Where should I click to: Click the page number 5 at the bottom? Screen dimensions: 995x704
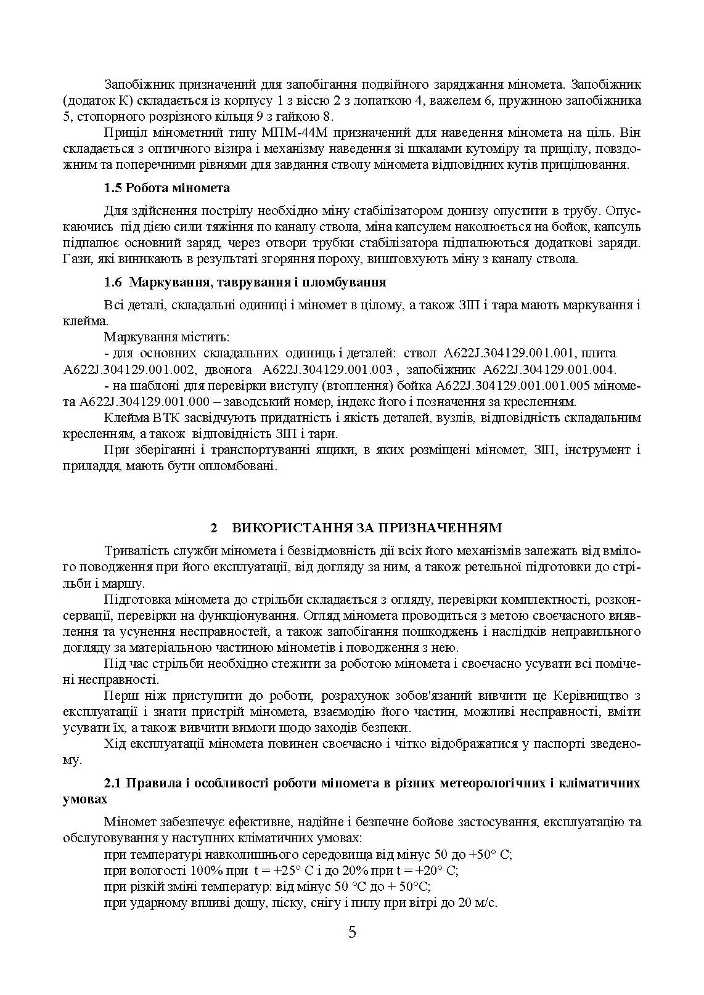click(x=352, y=932)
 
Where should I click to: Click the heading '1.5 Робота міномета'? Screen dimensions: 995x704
click(x=166, y=188)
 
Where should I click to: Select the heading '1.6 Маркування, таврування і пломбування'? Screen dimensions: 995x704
click(x=245, y=282)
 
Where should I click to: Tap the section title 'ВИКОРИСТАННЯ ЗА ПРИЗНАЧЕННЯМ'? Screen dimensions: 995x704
click(x=366, y=527)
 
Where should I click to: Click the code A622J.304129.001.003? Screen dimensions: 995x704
click(x=327, y=370)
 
